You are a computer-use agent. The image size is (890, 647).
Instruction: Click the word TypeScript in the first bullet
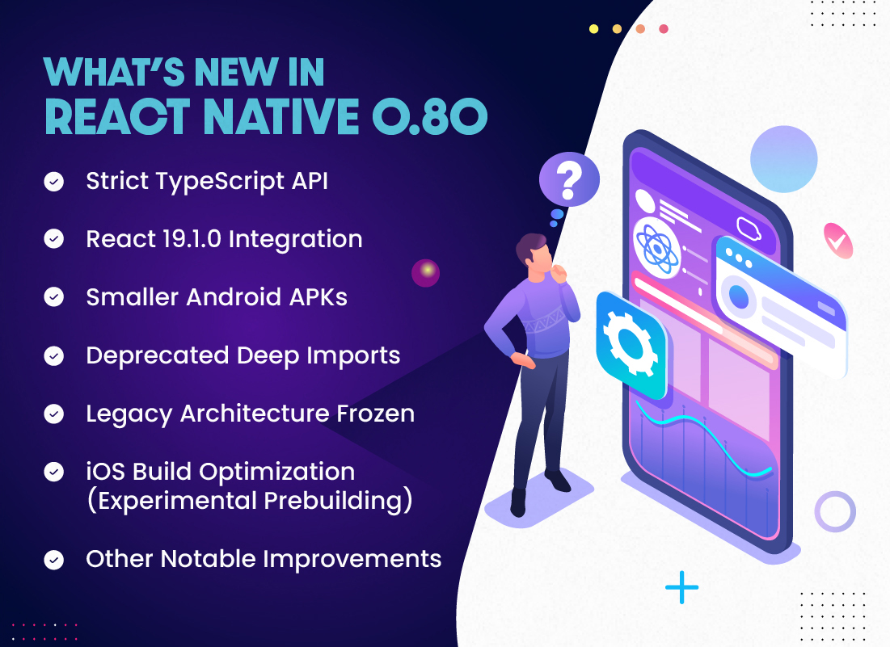(x=220, y=182)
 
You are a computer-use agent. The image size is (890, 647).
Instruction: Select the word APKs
(x=318, y=297)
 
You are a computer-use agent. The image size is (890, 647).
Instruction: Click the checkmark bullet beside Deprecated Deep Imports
(x=54, y=356)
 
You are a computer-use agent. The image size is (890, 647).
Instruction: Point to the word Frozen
(x=375, y=414)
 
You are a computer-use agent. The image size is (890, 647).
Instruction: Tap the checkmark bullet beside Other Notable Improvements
(x=54, y=561)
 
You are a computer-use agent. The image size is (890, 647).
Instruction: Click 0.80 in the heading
(x=430, y=116)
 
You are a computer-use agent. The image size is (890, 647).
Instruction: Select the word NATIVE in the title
(x=281, y=116)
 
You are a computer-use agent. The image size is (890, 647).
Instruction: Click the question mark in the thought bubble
(x=569, y=180)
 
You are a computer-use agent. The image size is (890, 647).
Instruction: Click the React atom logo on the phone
(x=657, y=248)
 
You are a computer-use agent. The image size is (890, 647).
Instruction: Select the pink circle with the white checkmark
(x=838, y=241)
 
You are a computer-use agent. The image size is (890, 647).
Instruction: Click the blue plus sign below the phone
(x=681, y=587)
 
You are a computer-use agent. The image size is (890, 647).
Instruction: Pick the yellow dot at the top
(x=593, y=29)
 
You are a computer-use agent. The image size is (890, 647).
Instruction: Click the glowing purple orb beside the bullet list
(x=426, y=273)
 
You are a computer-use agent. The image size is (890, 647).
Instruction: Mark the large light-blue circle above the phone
(x=784, y=159)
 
